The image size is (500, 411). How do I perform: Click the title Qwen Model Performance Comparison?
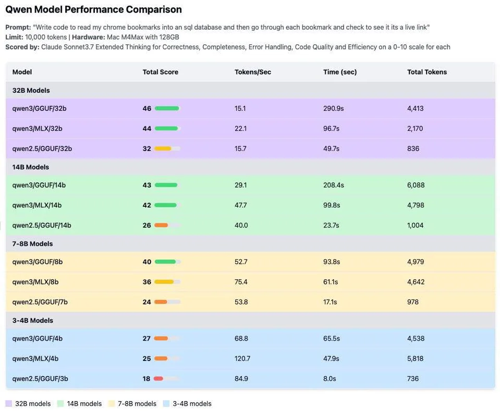coord(93,9)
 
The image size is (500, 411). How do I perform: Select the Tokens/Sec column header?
coord(252,72)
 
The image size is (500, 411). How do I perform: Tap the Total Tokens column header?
coord(426,72)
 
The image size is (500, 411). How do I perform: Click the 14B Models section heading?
coord(31,167)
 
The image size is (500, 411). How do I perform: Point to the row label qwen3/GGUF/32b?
coord(39,108)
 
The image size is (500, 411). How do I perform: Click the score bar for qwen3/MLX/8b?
coord(167,282)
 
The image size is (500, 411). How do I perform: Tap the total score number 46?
coord(147,108)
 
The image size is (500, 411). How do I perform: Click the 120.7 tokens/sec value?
coord(242,358)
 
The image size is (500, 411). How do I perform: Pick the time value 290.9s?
coord(333,108)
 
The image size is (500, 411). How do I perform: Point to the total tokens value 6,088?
coord(416,185)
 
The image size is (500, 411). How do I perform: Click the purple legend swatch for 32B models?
coord(9,404)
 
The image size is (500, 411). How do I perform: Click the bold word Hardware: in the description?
coord(89,37)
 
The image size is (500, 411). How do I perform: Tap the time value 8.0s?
coord(330,379)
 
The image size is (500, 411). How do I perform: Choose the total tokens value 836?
coord(413,148)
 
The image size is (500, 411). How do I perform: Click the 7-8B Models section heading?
coord(32,244)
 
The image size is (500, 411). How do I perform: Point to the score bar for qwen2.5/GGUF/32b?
coord(167,148)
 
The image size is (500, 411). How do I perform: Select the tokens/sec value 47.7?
coord(240,205)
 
